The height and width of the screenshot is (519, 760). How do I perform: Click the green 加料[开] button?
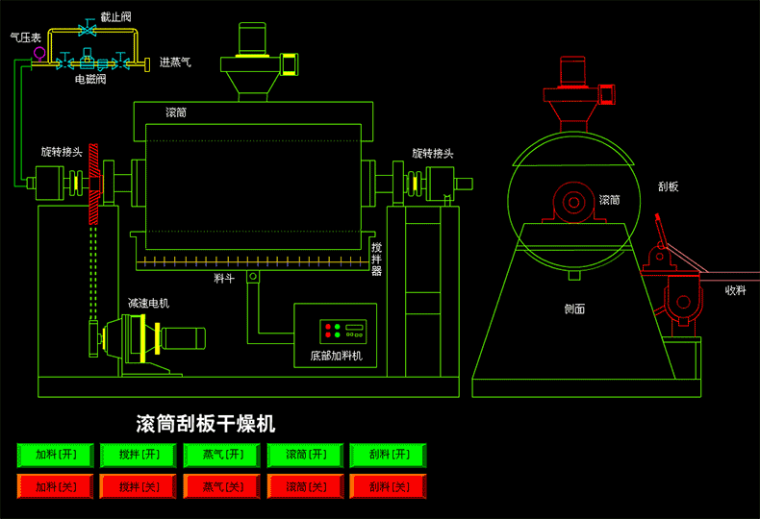[55, 455]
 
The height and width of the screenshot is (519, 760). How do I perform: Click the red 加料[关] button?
[55, 486]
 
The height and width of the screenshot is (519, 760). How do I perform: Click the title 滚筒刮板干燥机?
[206, 423]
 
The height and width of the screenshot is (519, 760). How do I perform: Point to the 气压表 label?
[24, 37]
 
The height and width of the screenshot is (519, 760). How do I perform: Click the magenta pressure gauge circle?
[38, 52]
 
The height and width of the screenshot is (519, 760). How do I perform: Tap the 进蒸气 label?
[174, 62]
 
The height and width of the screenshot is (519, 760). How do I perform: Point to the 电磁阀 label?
[89, 81]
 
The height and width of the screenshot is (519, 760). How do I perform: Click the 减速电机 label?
[148, 303]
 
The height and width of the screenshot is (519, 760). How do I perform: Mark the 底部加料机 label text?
[336, 356]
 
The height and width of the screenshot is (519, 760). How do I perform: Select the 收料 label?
[735, 289]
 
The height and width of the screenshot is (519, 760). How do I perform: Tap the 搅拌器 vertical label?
[377, 259]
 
